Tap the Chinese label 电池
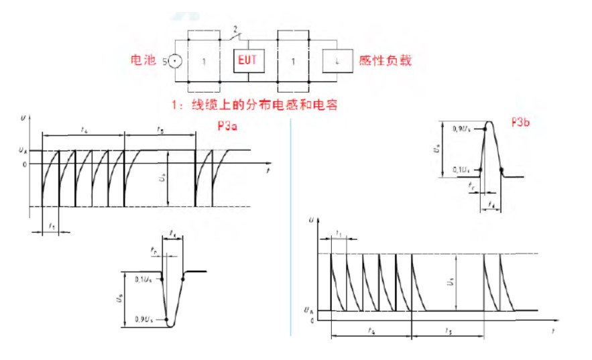(143, 60)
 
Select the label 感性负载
(385, 60)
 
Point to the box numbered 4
(337, 61)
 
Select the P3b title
(520, 122)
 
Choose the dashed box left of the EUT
(204, 61)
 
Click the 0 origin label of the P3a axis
(24, 164)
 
